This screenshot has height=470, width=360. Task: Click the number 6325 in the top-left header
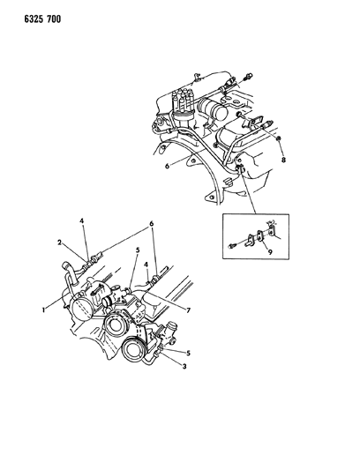(34, 19)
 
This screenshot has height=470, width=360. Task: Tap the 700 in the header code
(54, 19)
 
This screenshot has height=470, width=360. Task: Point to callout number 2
(60, 242)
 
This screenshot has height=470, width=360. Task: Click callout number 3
(184, 366)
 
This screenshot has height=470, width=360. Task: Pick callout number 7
(188, 310)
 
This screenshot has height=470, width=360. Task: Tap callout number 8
(283, 160)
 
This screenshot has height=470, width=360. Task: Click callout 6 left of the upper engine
(168, 166)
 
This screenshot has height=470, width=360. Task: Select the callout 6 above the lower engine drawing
(151, 224)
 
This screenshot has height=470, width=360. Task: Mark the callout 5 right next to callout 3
(188, 353)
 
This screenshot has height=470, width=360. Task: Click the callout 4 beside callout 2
(81, 221)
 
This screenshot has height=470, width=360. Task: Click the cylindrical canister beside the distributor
(213, 108)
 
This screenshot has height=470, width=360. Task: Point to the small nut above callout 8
(279, 138)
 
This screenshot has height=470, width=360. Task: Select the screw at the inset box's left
(233, 246)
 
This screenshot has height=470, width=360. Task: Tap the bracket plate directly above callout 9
(259, 235)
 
